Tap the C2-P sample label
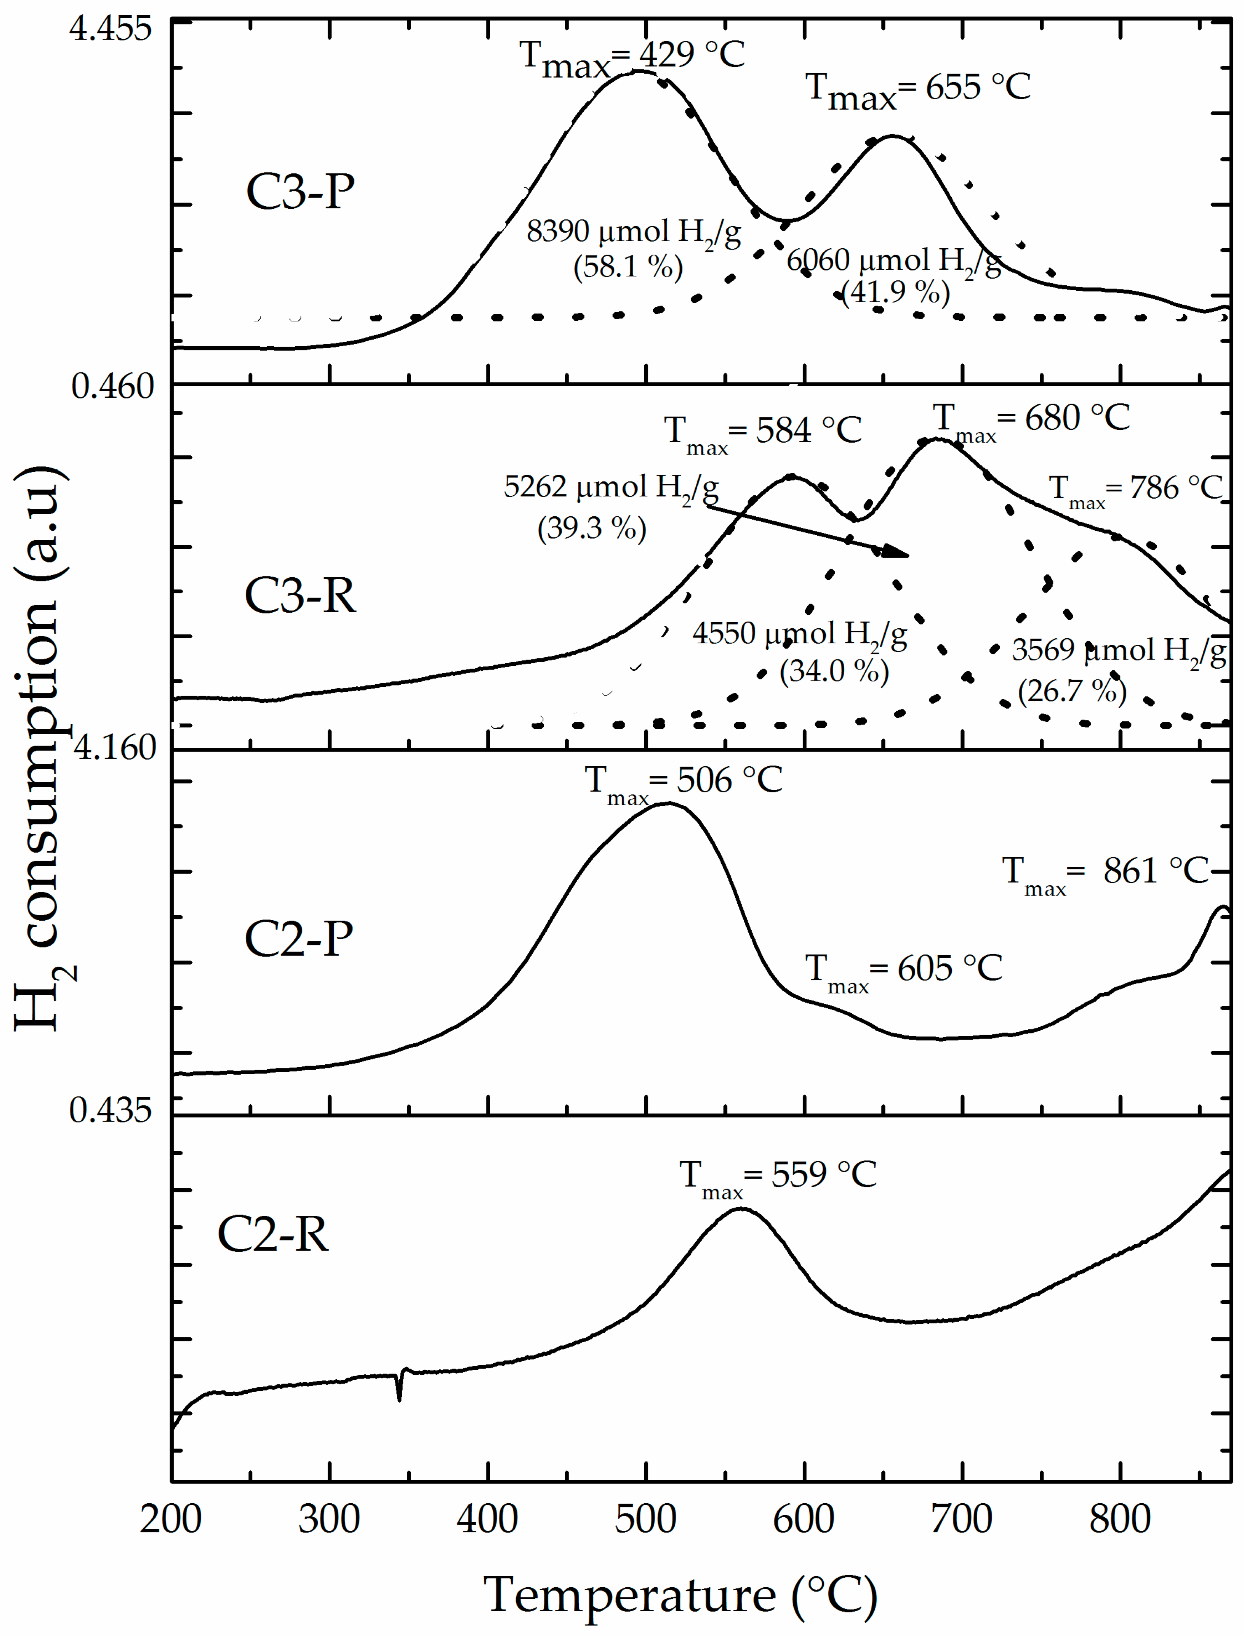298,938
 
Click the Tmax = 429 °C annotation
631,58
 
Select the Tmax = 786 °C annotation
1136,490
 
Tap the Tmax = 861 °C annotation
1105,874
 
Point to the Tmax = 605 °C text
904,972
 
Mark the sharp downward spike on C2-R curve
400,1396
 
